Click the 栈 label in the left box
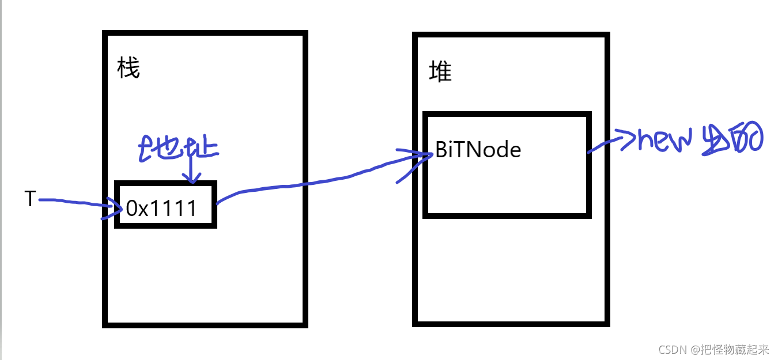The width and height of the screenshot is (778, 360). coord(128,69)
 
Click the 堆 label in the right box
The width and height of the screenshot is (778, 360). coord(440,72)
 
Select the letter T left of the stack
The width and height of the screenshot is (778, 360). coord(30,199)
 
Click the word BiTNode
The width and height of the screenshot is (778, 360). coord(478,150)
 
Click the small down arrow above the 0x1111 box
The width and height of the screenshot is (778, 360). coord(191,173)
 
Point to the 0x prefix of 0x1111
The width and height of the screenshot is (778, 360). coord(136,209)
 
